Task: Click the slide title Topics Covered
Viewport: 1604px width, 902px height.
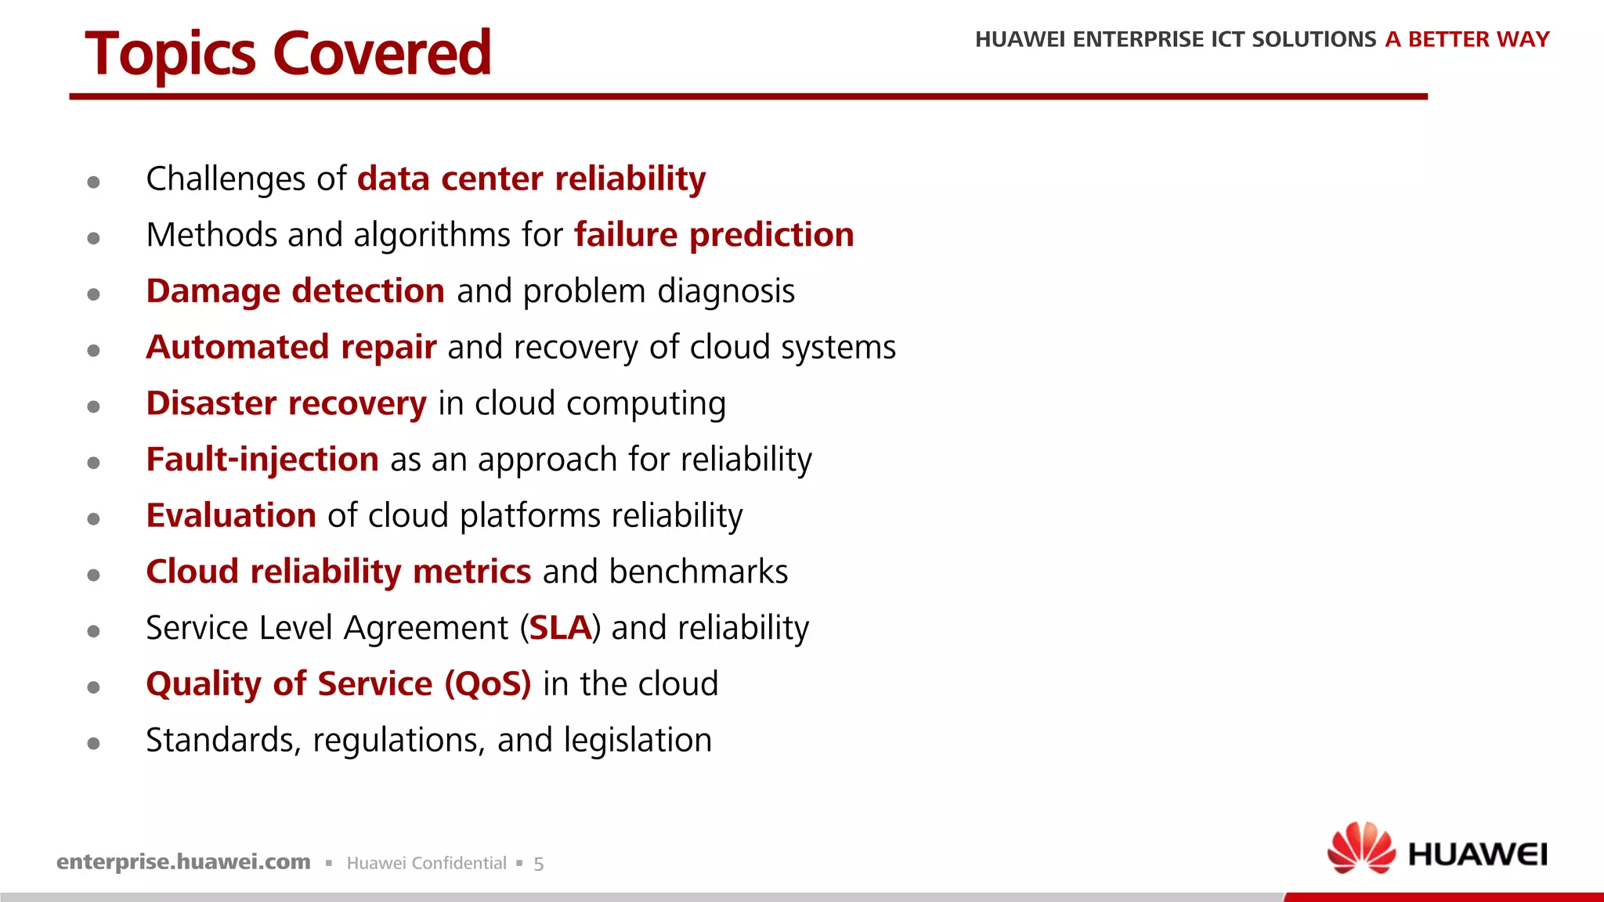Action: [x=288, y=53]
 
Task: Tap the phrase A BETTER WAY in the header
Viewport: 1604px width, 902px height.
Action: [x=1467, y=39]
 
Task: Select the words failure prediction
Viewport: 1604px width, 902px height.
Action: [x=713, y=235]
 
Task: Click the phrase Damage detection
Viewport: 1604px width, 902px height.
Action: [x=295, y=291]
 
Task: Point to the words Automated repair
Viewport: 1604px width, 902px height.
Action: [x=291, y=348]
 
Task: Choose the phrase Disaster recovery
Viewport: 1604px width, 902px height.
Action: [x=286, y=404]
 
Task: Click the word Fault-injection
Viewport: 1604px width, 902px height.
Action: [x=262, y=460]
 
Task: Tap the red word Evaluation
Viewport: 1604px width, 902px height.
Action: [x=231, y=516]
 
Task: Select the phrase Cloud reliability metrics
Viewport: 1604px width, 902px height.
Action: [x=338, y=572]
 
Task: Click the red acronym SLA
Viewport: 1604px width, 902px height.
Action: [x=560, y=629]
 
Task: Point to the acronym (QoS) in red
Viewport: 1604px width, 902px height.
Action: [x=488, y=684]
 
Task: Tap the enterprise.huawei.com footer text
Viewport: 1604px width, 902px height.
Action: [x=183, y=862]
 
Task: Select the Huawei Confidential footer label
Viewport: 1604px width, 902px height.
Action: [x=426, y=864]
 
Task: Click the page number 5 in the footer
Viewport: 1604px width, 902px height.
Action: [x=539, y=864]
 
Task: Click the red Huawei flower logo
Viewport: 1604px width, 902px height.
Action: [x=1361, y=848]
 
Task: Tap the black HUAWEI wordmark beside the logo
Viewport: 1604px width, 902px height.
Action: [x=1477, y=855]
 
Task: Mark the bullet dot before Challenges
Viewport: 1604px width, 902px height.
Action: [x=94, y=182]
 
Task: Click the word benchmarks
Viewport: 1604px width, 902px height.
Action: [x=699, y=572]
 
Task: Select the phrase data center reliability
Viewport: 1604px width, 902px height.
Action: [x=531, y=179]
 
